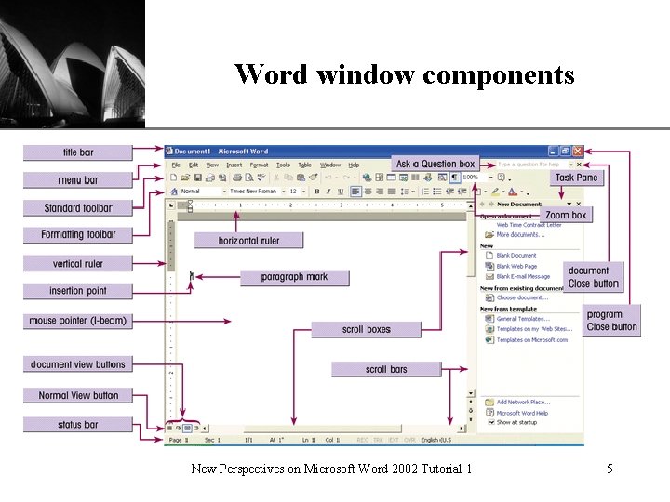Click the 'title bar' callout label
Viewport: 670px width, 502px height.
point(78,152)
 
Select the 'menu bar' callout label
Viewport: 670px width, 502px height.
point(78,180)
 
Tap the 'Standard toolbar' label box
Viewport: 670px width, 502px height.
point(78,208)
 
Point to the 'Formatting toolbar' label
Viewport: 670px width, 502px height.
point(78,235)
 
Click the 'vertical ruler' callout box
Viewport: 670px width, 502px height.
point(78,264)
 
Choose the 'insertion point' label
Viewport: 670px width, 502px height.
point(78,291)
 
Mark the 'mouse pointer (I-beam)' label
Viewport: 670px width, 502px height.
point(78,321)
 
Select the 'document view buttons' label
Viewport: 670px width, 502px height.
point(78,364)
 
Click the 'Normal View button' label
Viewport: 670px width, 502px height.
point(78,395)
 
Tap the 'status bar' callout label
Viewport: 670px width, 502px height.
point(78,425)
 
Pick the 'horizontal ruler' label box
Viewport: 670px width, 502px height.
point(248,241)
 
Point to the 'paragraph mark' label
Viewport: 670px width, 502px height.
point(294,277)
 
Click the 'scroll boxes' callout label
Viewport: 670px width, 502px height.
point(366,329)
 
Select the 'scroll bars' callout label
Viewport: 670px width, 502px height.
point(386,369)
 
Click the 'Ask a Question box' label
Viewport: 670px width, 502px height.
point(435,164)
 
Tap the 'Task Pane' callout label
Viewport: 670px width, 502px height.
point(577,178)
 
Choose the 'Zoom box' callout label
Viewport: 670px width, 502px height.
point(566,215)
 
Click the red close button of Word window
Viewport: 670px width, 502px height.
point(578,151)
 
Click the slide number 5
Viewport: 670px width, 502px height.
point(610,469)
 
